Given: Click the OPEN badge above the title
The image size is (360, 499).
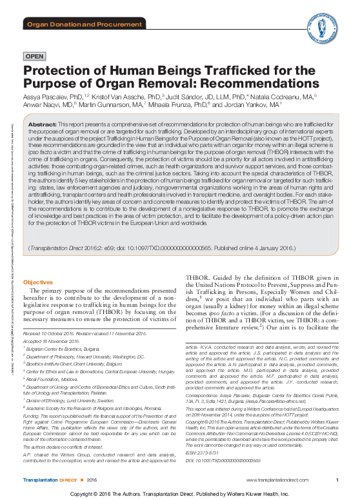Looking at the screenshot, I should pos(34,57).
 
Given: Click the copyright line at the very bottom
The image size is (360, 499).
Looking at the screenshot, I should pos(179,493).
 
